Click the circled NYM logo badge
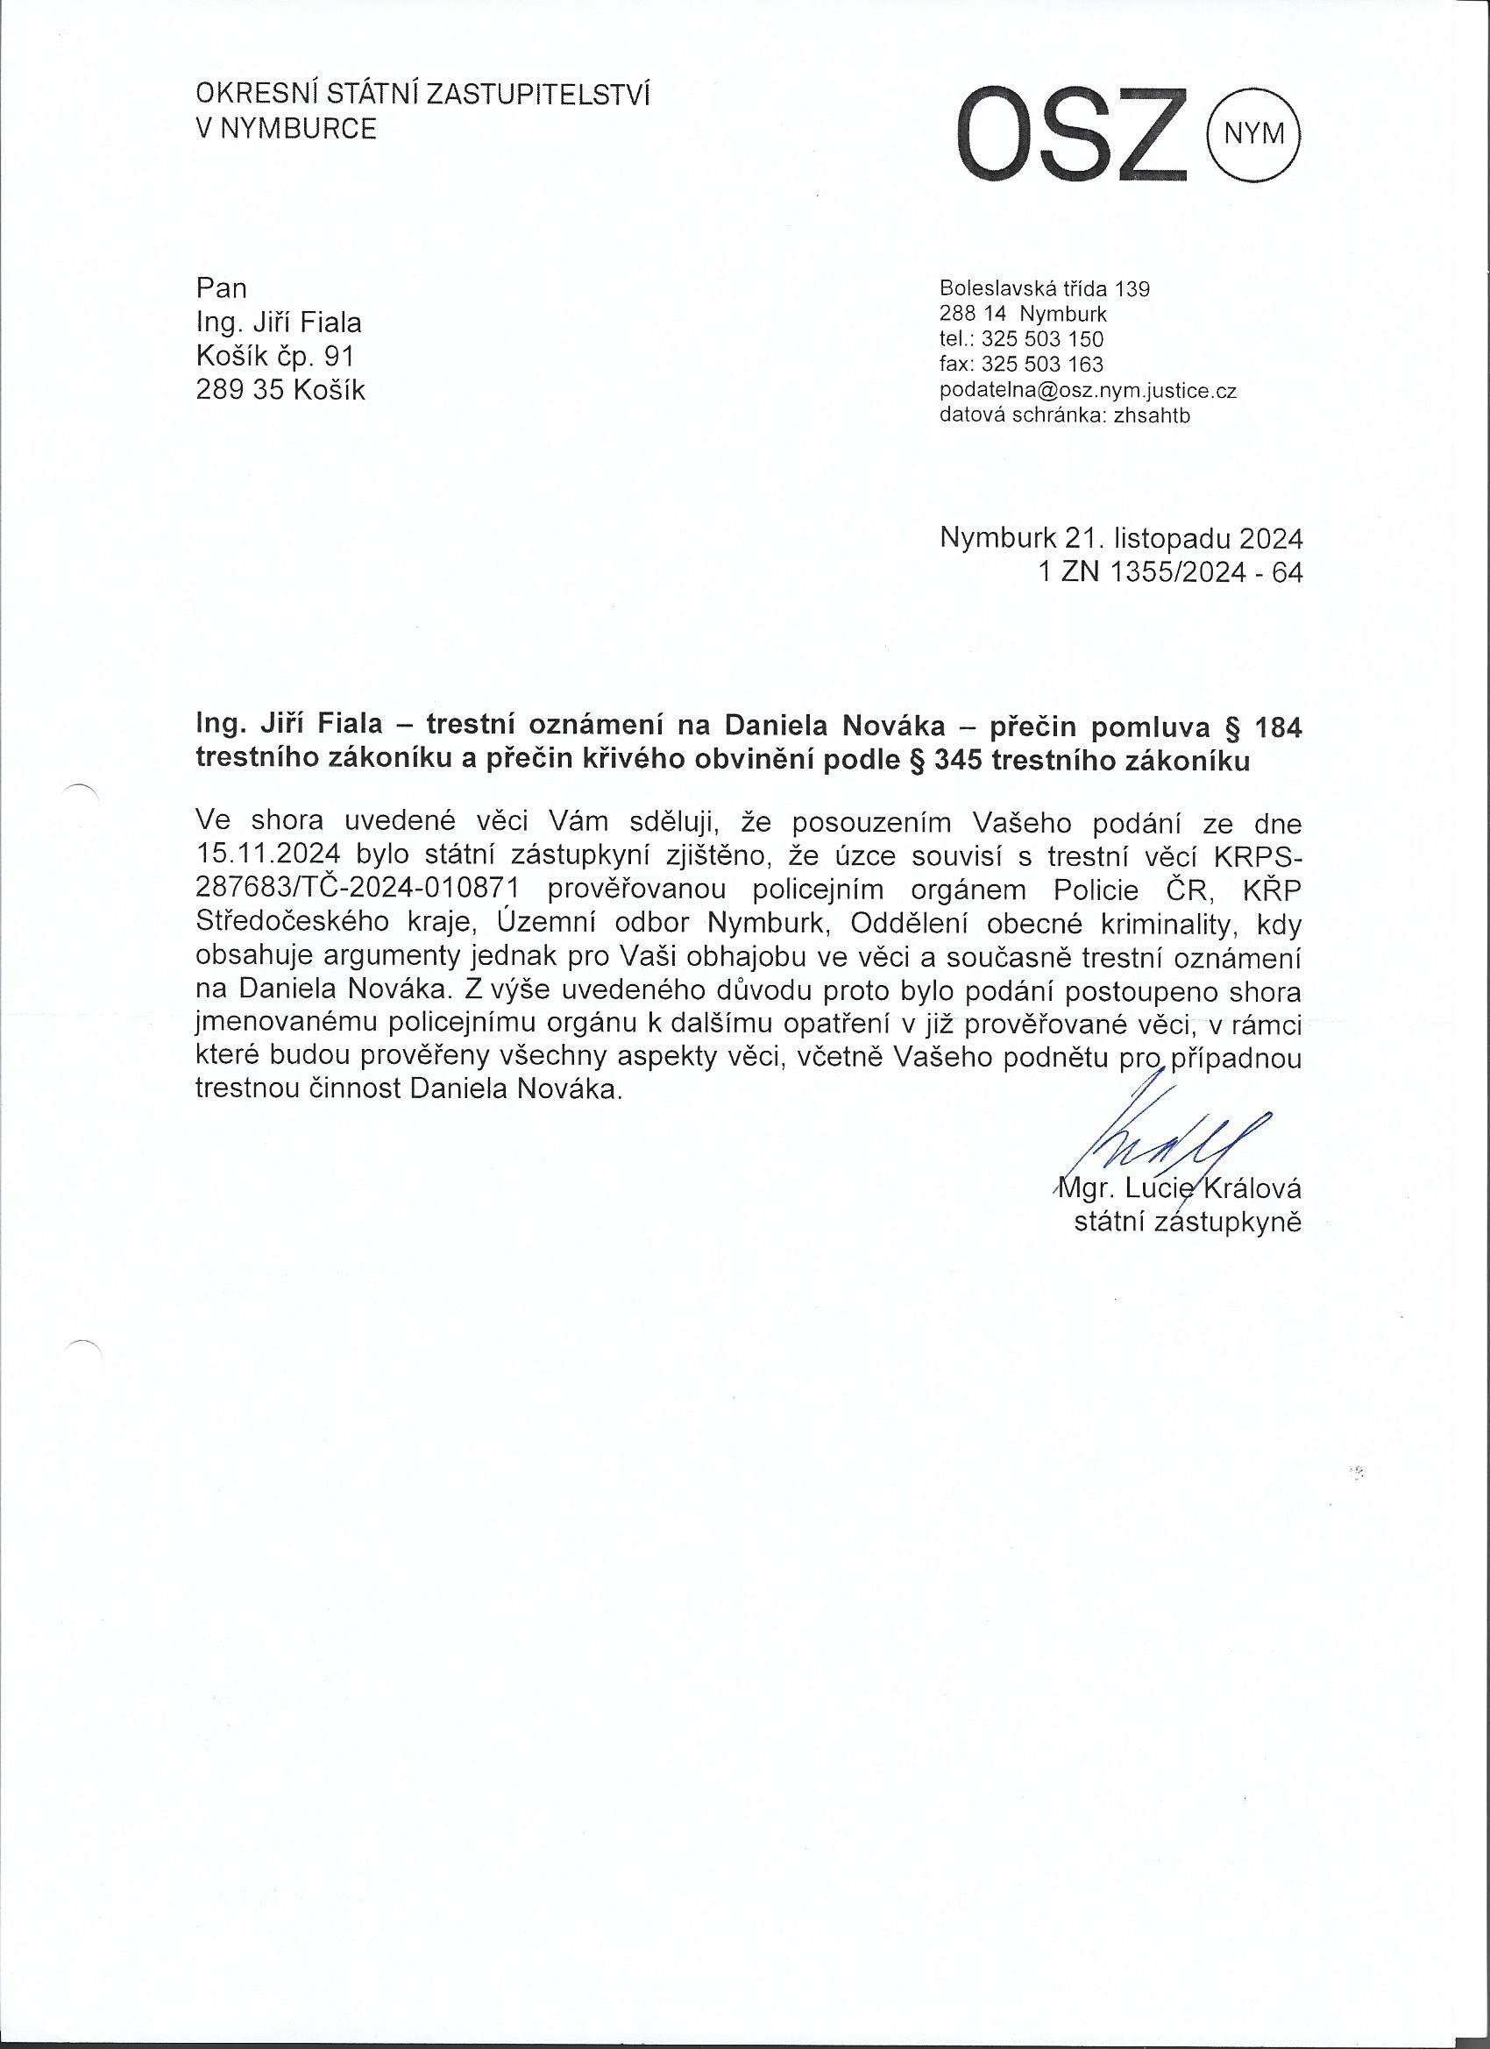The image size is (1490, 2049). coord(1252,134)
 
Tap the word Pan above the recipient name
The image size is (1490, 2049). coord(221,288)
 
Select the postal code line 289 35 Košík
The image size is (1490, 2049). coord(281,391)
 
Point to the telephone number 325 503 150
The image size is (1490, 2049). coord(1043,340)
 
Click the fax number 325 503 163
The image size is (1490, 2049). coord(1043,365)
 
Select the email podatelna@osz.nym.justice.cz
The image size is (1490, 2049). coord(1088,390)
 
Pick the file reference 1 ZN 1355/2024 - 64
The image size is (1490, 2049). coord(1171,573)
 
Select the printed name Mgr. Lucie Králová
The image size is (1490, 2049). coord(1179,1188)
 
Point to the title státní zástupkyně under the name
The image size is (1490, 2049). coord(1188,1223)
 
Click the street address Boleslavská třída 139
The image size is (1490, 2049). coord(1045,289)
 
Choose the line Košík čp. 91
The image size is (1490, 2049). coord(275,357)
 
